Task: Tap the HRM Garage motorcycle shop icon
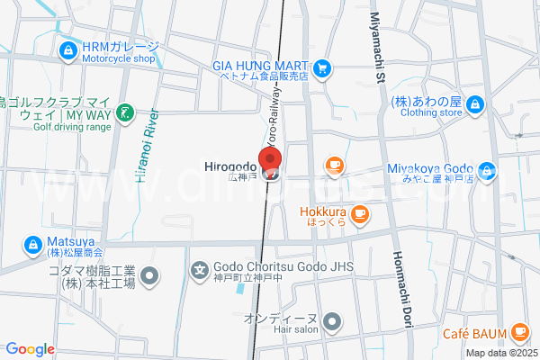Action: (67, 51)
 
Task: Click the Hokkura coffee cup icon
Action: (360, 213)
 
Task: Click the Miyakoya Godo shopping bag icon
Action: (487, 169)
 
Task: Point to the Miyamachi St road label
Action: (379, 54)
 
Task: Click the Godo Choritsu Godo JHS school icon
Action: (200, 268)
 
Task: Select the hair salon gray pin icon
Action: (332, 320)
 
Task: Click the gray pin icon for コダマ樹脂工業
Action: (150, 275)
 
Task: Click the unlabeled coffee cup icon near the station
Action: (334, 165)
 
